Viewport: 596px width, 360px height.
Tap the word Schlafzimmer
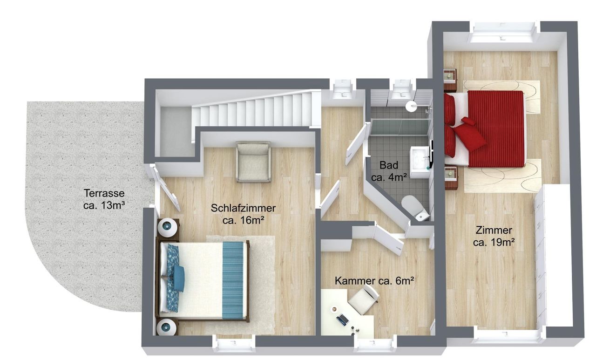click(x=243, y=208)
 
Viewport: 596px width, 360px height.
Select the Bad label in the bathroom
click(x=389, y=165)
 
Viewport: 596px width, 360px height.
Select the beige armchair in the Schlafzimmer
click(x=254, y=163)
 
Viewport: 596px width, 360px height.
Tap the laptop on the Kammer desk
click(x=342, y=319)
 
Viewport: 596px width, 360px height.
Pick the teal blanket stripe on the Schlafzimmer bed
click(x=233, y=280)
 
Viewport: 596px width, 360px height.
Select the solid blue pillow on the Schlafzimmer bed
click(x=178, y=278)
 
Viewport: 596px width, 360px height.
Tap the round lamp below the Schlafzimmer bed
click(x=167, y=327)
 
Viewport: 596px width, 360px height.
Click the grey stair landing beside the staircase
click(x=175, y=131)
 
